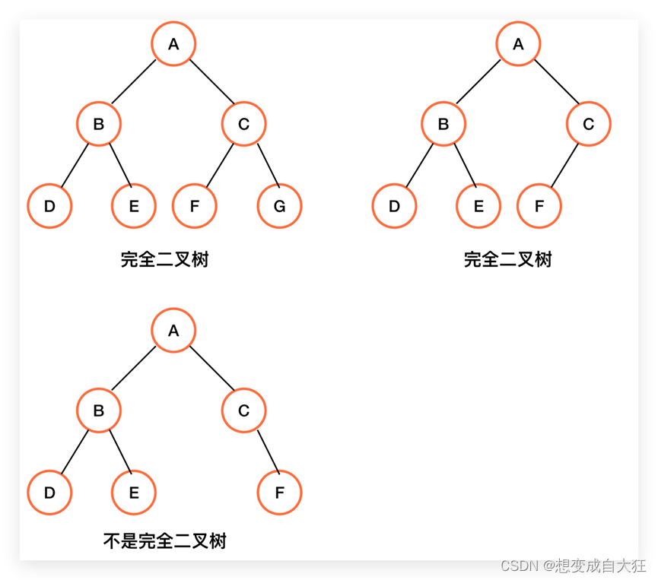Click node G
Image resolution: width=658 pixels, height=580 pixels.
pos(279,205)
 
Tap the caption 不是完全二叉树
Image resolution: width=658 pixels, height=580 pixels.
pos(165,541)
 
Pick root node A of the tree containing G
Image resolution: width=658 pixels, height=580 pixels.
pos(173,44)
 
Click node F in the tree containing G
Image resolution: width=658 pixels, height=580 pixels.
pos(195,205)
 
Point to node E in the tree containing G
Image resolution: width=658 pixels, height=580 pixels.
pos(134,205)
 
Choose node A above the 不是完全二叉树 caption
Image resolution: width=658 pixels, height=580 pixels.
pos(173,331)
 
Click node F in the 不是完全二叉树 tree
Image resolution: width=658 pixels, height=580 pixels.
pos(279,492)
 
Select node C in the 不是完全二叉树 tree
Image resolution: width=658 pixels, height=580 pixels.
pos(243,410)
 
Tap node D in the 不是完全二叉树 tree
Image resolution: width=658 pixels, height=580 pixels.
pos(49,492)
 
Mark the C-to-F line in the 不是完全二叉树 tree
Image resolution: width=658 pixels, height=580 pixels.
pos(269,451)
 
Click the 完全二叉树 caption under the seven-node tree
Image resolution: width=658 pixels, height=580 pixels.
pos(164,260)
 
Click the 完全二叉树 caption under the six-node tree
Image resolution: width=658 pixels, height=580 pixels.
pos(507,260)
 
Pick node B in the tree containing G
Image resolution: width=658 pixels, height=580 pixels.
pos(98,124)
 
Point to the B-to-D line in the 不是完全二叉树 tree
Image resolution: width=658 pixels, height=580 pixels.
pos(75,451)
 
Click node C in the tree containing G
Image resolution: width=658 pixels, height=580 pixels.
pos(243,124)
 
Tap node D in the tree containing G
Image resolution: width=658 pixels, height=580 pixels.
pos(49,205)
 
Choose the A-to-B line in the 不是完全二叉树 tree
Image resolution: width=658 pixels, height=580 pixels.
pos(134,369)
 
